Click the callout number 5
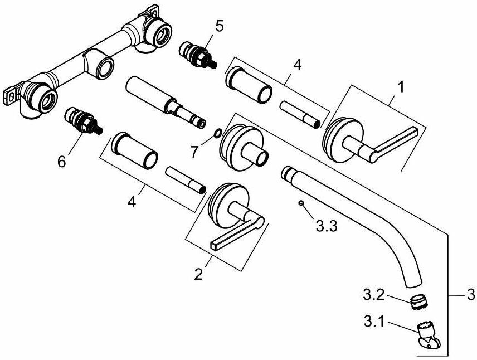[x=220, y=26]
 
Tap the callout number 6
[x=61, y=161]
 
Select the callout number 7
[x=193, y=150]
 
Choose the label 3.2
[x=374, y=292]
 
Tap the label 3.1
[x=374, y=321]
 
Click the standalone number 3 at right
[x=470, y=294]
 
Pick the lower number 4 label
[x=132, y=202]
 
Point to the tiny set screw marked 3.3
[x=300, y=203]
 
